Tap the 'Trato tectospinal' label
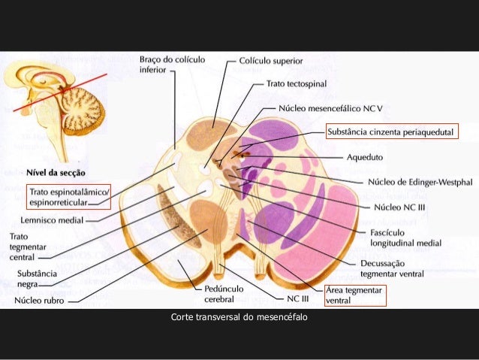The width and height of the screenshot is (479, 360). pyautogui.click(x=297, y=83)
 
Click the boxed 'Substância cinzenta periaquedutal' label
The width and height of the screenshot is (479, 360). pyautogui.click(x=391, y=133)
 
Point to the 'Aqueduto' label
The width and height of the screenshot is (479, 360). pyautogui.click(x=365, y=157)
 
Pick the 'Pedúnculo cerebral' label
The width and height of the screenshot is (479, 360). pyautogui.click(x=224, y=294)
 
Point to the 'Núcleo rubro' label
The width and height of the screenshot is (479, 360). pyautogui.click(x=38, y=304)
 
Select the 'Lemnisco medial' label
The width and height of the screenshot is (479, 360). pyautogui.click(x=52, y=222)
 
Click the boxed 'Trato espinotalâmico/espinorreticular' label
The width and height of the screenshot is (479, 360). pyautogui.click(x=68, y=197)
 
